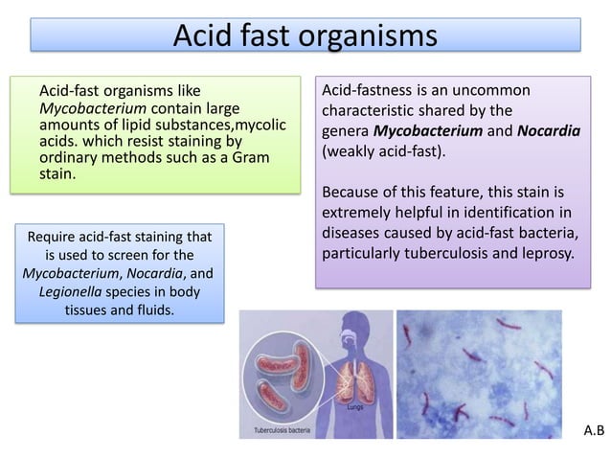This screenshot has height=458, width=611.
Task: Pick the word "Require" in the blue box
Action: coord(56,236)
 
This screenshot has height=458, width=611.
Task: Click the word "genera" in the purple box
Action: coord(347,131)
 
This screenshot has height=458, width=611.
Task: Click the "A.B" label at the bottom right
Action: coord(595,431)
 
